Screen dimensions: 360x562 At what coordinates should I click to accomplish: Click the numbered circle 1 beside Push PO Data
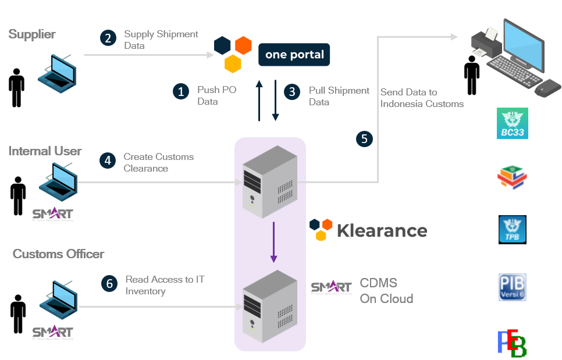(x=181, y=91)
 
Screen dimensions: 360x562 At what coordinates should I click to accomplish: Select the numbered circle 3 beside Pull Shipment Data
(x=292, y=91)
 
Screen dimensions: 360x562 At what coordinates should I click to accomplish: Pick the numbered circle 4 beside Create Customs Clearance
(x=108, y=160)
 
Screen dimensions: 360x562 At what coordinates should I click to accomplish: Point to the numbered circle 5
(x=364, y=138)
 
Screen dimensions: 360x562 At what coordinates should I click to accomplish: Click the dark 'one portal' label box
(x=294, y=55)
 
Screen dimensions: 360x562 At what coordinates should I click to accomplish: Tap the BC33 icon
(x=513, y=123)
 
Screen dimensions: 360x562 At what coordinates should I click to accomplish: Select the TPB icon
(x=513, y=229)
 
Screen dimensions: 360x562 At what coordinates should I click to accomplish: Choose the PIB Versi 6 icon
(x=513, y=288)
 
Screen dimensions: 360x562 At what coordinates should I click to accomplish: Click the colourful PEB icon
(x=512, y=343)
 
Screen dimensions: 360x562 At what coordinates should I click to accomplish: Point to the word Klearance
(x=382, y=231)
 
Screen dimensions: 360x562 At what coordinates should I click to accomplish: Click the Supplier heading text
(x=32, y=34)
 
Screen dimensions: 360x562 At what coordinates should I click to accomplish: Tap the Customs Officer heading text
(x=59, y=254)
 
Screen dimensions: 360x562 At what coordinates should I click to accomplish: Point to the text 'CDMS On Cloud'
(x=386, y=291)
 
